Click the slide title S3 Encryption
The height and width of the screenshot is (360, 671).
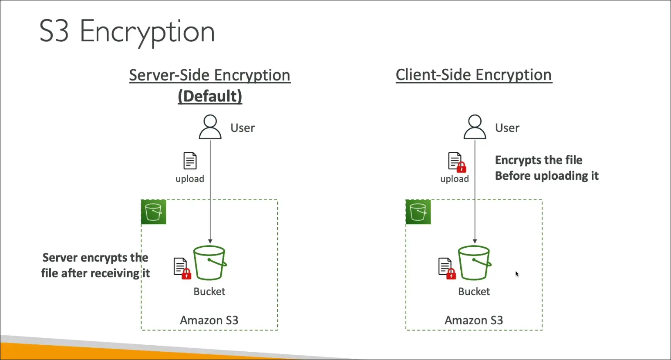tap(127, 31)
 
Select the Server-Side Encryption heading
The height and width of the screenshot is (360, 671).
tap(209, 75)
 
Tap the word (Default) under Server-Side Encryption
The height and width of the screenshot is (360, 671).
tap(209, 96)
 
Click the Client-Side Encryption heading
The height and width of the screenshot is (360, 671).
tap(474, 75)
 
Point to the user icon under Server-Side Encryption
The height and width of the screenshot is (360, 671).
tap(210, 127)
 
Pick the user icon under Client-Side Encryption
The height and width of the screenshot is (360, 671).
tap(475, 127)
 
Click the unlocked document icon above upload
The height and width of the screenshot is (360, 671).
tap(190, 161)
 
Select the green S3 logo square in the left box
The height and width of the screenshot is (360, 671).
tap(153, 212)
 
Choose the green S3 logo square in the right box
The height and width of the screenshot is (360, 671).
tap(418, 212)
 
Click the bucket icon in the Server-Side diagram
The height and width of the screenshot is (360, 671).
tap(209, 263)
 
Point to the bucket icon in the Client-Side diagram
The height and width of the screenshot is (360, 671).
tap(474, 263)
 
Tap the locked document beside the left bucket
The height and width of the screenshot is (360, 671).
tap(182, 268)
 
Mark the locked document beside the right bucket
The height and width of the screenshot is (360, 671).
tap(447, 268)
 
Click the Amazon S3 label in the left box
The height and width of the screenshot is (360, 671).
tap(209, 320)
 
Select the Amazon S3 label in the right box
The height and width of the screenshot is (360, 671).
tap(474, 320)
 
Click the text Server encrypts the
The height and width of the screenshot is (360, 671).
tap(95, 258)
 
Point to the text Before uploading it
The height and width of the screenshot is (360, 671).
tap(546, 176)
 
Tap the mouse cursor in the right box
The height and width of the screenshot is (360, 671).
tap(517, 274)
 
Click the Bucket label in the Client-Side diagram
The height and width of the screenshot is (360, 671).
tap(474, 292)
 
